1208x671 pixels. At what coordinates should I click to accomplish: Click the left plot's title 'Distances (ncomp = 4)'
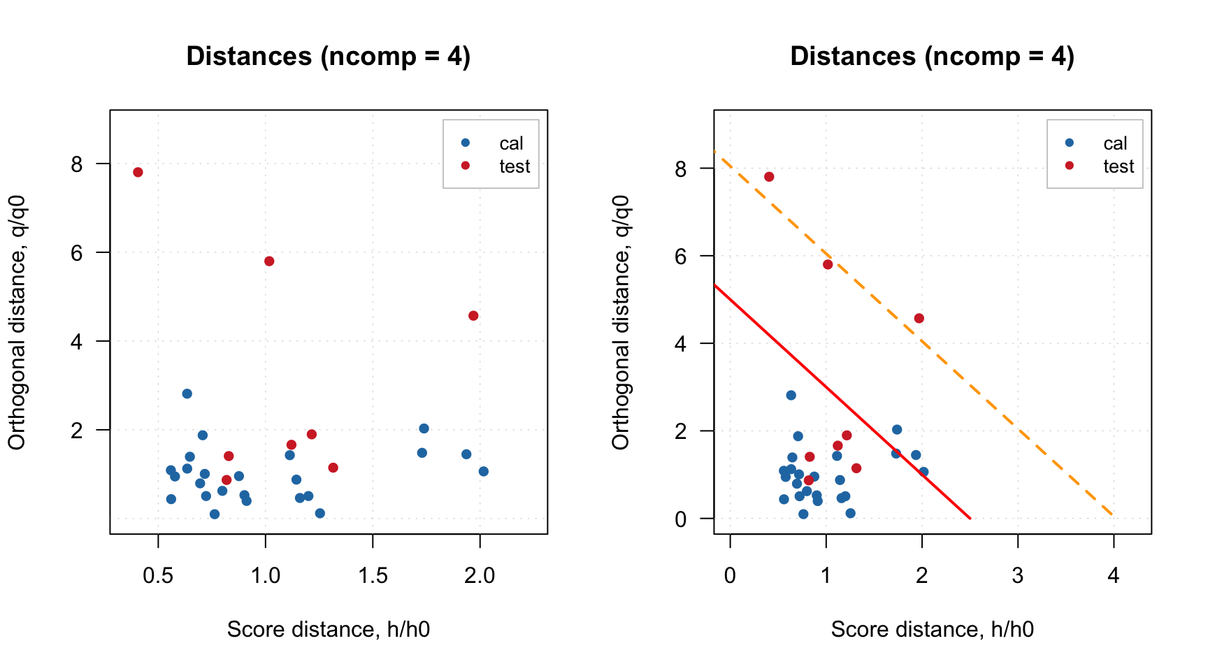pos(328,56)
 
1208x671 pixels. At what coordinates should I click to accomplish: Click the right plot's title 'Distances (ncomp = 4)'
pos(932,56)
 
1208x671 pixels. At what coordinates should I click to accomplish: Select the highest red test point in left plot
pos(138,172)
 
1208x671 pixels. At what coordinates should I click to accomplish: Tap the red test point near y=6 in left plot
pos(269,261)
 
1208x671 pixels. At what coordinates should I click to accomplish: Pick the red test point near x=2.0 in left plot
pos(473,316)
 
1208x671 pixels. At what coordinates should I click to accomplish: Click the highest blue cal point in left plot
pos(187,394)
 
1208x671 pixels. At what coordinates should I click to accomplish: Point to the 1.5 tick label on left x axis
pos(373,576)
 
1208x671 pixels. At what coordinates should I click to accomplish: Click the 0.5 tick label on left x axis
pos(158,576)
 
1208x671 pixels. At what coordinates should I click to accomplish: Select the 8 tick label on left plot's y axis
pos(76,164)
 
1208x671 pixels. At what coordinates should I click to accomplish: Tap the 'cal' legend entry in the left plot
pos(510,143)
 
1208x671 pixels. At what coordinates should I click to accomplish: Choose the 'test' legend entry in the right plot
pos(1118,166)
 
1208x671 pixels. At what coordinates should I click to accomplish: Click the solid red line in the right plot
pos(839,399)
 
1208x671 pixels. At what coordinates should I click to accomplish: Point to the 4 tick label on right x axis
pos(1114,576)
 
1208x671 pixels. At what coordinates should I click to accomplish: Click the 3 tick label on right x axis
pos(1018,576)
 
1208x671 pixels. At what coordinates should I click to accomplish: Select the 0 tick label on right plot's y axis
pos(680,519)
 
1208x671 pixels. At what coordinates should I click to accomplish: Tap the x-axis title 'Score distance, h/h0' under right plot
pos(932,630)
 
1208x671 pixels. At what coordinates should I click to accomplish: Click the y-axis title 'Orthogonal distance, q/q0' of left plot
pos(17,322)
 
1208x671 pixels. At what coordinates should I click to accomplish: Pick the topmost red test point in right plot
pos(769,177)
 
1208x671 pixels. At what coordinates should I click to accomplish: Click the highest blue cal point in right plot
pos(791,396)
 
